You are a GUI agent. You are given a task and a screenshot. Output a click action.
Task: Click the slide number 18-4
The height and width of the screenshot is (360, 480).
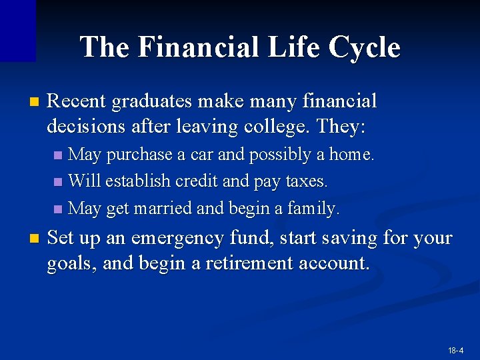pos(456,350)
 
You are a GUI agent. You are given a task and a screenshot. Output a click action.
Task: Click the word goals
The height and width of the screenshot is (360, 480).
pos(71,263)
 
